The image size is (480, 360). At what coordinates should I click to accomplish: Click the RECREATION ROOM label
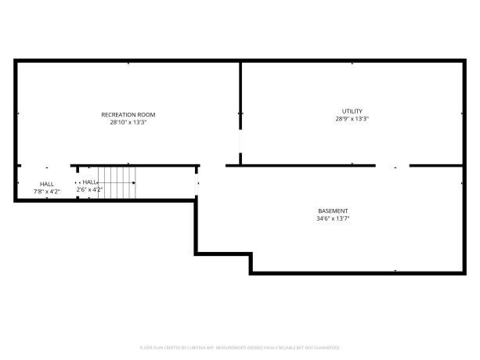click(128, 115)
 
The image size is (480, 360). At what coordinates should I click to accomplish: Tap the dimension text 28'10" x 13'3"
click(128, 123)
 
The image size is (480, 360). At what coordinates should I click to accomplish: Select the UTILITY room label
click(352, 111)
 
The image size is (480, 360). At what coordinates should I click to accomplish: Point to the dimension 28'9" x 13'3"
click(352, 119)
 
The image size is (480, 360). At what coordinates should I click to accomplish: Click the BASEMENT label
click(333, 211)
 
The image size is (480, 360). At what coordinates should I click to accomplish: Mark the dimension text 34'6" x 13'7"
click(333, 219)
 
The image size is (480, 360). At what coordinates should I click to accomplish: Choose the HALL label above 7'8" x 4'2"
click(46, 184)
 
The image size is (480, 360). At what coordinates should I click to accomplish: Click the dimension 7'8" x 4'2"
click(46, 192)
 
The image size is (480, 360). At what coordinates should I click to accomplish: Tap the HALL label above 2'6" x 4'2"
click(88, 182)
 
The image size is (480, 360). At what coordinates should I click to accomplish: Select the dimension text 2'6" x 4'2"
click(88, 189)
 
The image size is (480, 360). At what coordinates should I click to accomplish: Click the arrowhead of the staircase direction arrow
click(134, 183)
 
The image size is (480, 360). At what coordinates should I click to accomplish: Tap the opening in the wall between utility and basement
click(392, 166)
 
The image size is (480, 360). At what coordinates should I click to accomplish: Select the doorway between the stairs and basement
click(197, 184)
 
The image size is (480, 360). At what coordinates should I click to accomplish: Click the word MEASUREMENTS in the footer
click(228, 347)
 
